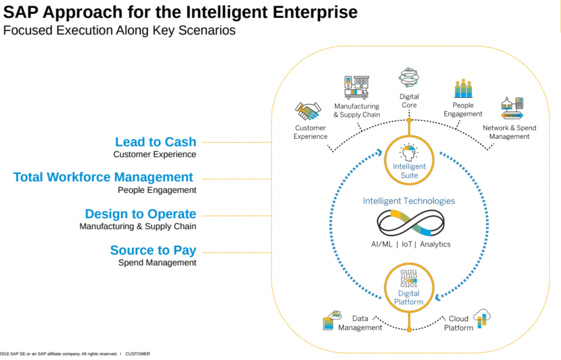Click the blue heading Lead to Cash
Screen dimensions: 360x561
click(155, 142)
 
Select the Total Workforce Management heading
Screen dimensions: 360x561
click(103, 177)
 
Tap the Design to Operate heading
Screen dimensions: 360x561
click(140, 214)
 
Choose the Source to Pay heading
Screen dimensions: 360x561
click(153, 250)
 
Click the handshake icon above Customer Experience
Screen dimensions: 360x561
click(308, 111)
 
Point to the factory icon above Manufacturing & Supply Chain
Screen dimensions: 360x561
click(356, 87)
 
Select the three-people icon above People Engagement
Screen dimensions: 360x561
click(463, 89)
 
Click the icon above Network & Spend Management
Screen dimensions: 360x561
click(512, 108)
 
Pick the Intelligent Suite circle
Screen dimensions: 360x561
click(409, 160)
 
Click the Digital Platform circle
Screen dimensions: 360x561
click(409, 287)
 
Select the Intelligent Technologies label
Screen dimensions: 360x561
click(409, 201)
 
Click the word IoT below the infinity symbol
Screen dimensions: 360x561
click(407, 244)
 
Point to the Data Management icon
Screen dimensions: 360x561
click(332, 320)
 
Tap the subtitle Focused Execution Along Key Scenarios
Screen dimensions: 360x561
click(119, 30)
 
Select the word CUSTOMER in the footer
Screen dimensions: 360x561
click(138, 354)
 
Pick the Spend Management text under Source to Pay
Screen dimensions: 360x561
click(157, 262)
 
